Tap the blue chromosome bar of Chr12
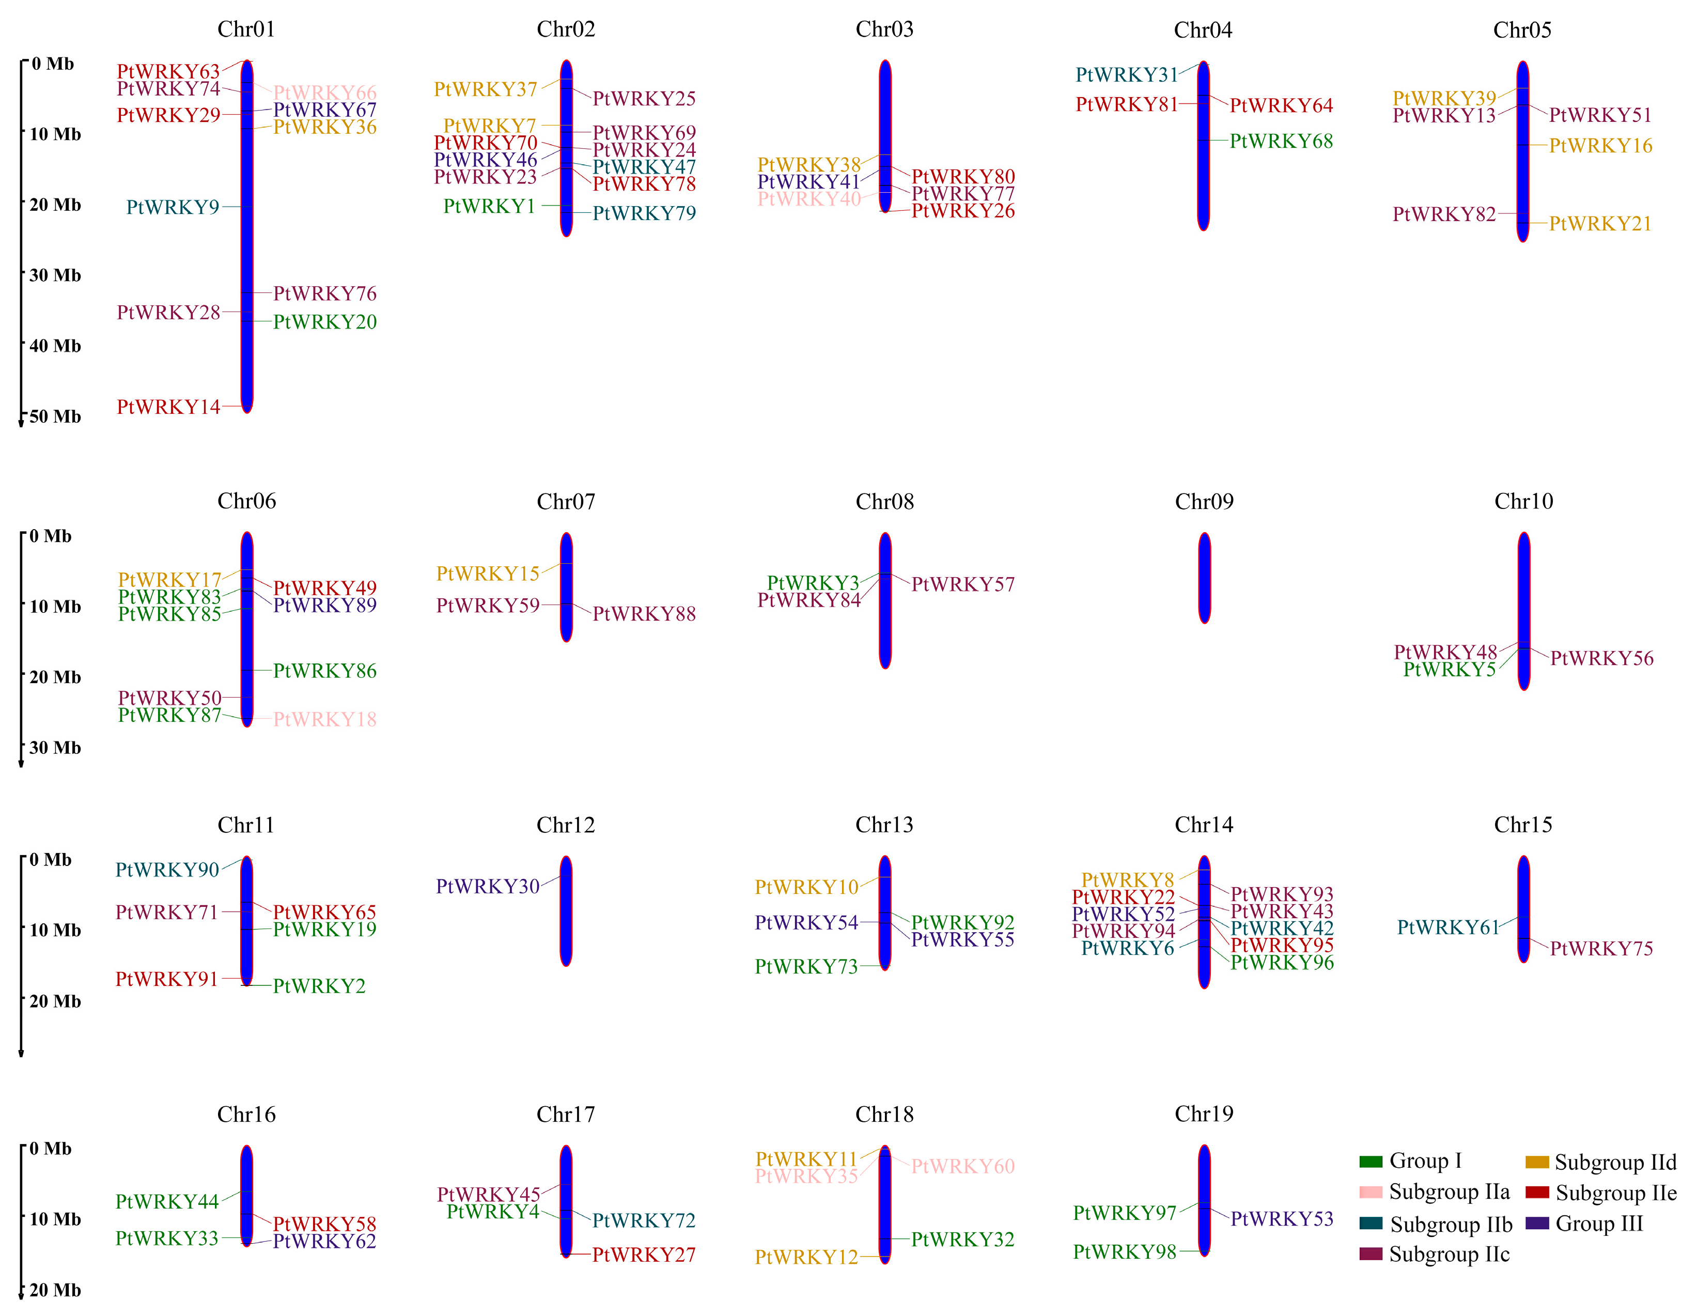(566, 911)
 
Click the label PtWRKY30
(487, 887)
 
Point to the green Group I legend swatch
(1370, 1162)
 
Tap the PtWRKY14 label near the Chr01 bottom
(168, 407)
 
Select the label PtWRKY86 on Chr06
(325, 671)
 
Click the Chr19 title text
(1204, 1113)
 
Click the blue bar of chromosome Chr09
(1204, 578)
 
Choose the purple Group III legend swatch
(1537, 1224)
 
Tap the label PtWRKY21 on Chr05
(1600, 224)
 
